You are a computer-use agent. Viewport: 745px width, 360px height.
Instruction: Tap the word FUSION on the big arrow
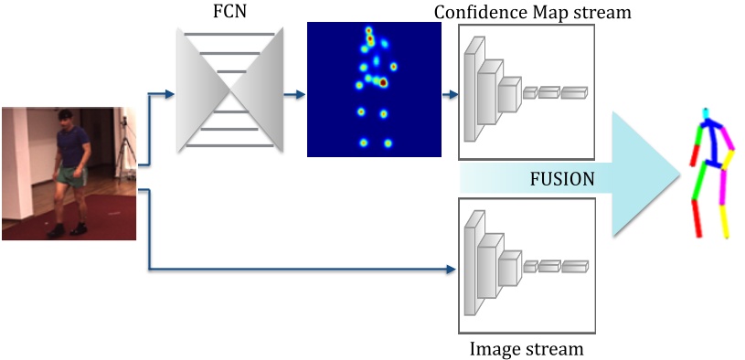(x=563, y=179)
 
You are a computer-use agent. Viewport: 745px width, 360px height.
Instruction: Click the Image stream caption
(x=526, y=348)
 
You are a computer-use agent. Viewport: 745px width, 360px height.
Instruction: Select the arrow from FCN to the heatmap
(x=292, y=92)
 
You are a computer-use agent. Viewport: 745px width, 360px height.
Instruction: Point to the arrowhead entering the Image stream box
(x=451, y=270)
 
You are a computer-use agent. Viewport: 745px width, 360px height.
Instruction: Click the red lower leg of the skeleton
(x=697, y=217)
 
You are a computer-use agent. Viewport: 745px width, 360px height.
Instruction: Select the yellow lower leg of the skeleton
(x=725, y=219)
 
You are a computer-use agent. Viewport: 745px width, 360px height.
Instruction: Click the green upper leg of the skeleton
(x=699, y=181)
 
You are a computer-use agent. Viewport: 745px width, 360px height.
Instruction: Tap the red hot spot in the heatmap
(x=383, y=83)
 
